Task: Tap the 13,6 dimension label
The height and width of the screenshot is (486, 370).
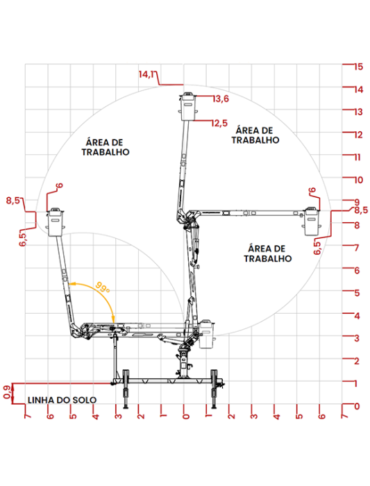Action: [x=221, y=99]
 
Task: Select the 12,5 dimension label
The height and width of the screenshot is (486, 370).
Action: [x=219, y=124]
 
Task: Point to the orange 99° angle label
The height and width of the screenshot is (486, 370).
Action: [x=103, y=287]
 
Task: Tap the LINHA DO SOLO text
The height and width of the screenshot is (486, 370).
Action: [x=62, y=400]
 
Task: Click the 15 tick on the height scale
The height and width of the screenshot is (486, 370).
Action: [x=358, y=67]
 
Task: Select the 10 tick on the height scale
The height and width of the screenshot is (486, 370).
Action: [x=358, y=180]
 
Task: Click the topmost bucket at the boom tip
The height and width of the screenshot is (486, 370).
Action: [x=188, y=106]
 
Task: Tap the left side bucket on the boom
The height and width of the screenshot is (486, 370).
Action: [x=56, y=222]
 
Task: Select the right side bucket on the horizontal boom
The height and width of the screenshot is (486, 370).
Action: [x=311, y=221]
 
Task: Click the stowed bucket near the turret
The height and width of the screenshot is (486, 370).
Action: [x=206, y=334]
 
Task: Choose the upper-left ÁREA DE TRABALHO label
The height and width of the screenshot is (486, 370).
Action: [x=106, y=147]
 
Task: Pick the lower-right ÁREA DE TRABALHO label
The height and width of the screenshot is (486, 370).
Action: [x=267, y=253]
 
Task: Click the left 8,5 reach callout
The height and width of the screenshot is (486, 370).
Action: [x=12, y=201]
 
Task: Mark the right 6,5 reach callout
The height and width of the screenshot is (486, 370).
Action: [x=317, y=247]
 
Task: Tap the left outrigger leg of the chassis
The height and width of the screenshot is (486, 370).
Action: [x=126, y=389]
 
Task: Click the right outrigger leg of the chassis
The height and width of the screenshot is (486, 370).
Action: [x=214, y=389]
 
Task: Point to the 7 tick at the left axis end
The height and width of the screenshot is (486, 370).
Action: [x=28, y=415]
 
